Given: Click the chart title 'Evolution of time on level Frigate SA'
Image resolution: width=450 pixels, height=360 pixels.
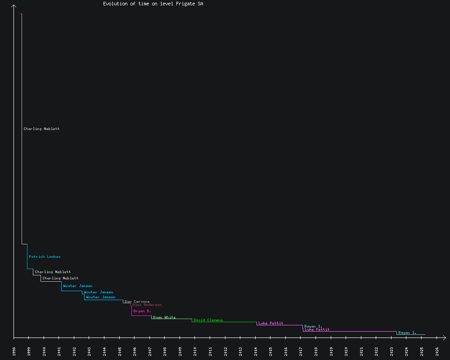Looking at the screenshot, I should click(x=153, y=4).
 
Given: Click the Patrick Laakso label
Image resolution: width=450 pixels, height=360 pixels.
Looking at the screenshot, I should click(x=45, y=256).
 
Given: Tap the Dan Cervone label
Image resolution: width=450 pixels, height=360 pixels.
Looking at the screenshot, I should click(x=137, y=301).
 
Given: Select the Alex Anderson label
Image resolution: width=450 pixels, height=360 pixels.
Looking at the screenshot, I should click(x=147, y=305).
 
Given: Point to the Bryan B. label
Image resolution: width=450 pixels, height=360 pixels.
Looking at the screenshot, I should click(x=142, y=311).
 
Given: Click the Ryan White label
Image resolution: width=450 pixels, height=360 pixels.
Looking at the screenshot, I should click(x=164, y=317).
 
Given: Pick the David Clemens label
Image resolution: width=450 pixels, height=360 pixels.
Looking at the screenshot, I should click(x=208, y=320).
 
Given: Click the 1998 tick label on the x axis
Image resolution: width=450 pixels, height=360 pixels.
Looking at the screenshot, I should click(x=14, y=351).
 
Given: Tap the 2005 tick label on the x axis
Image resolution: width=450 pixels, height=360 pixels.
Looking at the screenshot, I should click(x=120, y=351).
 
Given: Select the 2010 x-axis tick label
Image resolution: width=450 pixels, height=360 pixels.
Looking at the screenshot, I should click(x=195, y=351).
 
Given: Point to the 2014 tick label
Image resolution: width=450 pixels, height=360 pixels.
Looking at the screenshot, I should click(x=256, y=351).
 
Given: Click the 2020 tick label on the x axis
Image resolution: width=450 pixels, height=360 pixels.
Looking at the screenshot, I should click(x=346, y=351).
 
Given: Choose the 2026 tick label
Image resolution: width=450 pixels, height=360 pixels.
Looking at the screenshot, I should click(x=437, y=351).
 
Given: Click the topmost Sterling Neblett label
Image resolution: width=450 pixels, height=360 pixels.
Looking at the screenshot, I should click(x=41, y=129).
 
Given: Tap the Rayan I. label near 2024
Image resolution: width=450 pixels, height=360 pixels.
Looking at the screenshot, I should click(x=407, y=333).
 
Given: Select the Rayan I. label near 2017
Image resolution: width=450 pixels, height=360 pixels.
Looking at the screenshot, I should click(x=313, y=326).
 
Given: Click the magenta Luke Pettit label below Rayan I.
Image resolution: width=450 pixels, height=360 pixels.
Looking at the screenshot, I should click(x=317, y=329).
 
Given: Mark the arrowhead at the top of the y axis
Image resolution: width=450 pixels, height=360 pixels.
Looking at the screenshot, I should click(x=14, y=5).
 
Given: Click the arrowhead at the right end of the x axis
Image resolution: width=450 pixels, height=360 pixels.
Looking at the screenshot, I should click(x=444, y=337).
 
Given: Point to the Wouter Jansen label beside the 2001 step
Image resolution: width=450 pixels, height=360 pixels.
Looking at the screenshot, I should click(x=78, y=286).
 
